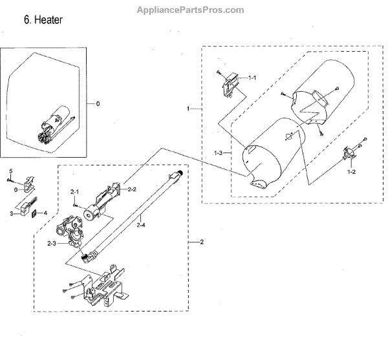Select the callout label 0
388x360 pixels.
tap(98, 103)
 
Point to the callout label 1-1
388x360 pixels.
tap(252, 78)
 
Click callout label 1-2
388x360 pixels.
tap(352, 172)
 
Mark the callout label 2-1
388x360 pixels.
tap(74, 192)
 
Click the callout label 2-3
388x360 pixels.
tap(51, 242)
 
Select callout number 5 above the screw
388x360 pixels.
tap(10, 170)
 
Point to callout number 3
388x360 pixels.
tap(11, 212)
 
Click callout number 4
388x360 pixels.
tap(45, 212)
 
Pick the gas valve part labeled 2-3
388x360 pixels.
tap(70, 233)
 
